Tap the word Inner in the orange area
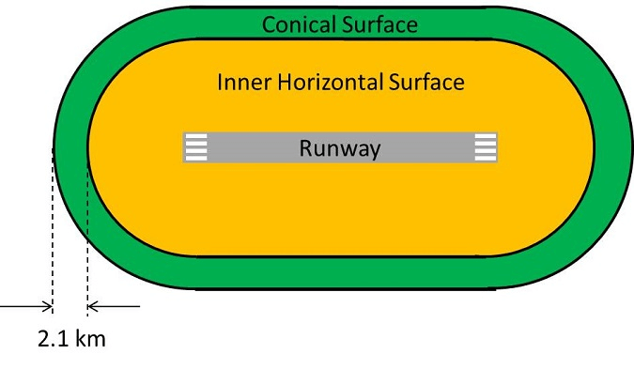tap(240, 83)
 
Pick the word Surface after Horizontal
tap(427, 83)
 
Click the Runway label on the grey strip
tap(339, 147)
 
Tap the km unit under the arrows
tap(90, 338)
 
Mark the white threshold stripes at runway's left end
tap(194, 147)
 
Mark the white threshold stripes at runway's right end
tap(486, 147)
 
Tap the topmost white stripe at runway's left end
tap(194, 138)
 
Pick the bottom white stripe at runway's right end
tap(486, 157)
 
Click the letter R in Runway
tap(306, 147)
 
